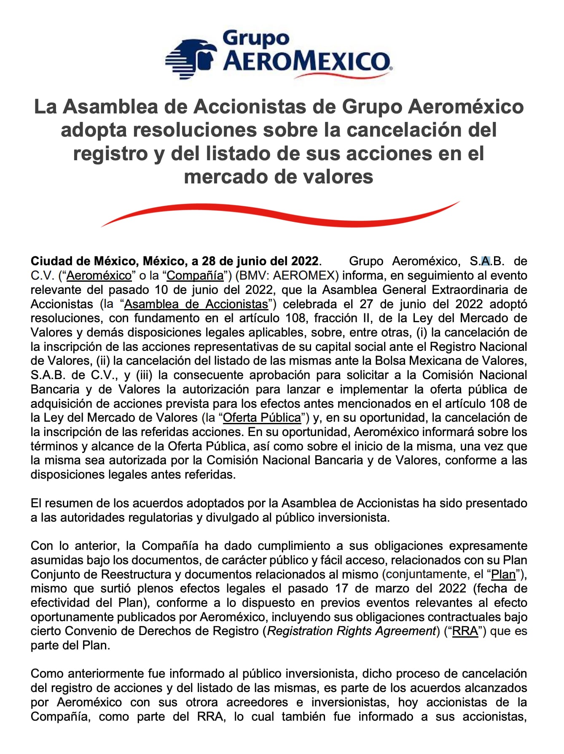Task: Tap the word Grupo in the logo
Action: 256,38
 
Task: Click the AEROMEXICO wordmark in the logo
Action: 306,62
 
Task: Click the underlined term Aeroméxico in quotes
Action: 99,275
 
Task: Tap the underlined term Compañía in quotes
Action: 195,275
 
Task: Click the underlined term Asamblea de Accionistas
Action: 196,304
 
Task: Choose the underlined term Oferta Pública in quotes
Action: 262,417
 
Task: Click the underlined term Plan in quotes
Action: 504,574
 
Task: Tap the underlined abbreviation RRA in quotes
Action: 465,631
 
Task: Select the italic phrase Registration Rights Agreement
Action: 352,631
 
